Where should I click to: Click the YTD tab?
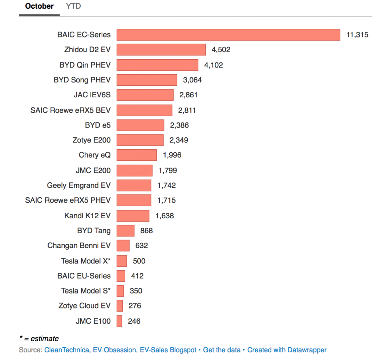tap(73, 6)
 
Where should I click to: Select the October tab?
tap(39, 6)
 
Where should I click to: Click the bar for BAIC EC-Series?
tap(228, 35)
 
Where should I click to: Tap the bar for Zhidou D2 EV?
tap(161, 50)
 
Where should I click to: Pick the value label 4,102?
tap(214, 65)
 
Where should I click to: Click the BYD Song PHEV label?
tap(82, 80)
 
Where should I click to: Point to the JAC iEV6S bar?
tap(145, 95)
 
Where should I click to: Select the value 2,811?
tap(187, 110)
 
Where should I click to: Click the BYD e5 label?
tap(98, 125)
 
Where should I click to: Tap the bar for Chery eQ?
tap(137, 155)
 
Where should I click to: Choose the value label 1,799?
tap(168, 170)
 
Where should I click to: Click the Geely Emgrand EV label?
tap(78, 185)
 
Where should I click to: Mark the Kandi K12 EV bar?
tap(133, 215)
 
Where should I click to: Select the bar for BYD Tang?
tap(125, 231)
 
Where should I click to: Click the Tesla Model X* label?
tap(86, 261)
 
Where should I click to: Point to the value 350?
tap(136, 291)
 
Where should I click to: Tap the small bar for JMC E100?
tap(119, 321)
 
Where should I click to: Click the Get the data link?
tap(222, 350)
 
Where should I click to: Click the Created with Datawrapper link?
tap(287, 350)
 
